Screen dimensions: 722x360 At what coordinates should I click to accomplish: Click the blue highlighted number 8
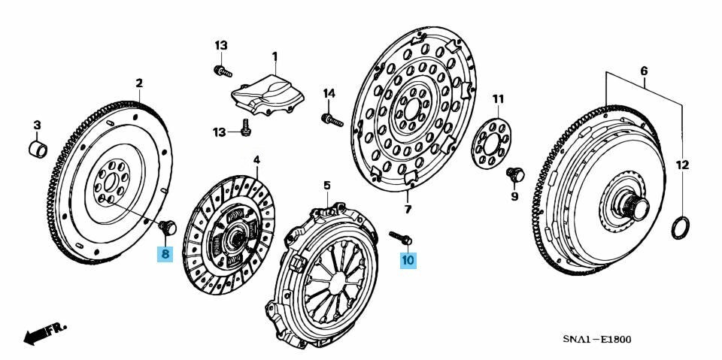coord(165,254)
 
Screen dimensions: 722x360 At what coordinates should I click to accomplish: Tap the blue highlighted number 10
coord(408,259)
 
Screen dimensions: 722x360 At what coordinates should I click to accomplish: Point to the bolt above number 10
coord(400,237)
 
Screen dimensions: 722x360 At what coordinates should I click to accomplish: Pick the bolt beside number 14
coord(332,120)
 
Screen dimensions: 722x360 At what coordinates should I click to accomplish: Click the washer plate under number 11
coord(491,144)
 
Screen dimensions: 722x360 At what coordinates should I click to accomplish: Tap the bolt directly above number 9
coord(515,175)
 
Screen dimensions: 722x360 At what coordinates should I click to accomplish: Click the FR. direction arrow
coord(44,333)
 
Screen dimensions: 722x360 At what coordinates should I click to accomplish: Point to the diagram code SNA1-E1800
coord(596,340)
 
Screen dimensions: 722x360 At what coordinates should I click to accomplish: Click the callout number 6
coord(644,71)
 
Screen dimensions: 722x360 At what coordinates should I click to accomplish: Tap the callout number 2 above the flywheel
coord(139,83)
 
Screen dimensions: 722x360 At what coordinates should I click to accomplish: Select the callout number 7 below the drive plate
coord(408,210)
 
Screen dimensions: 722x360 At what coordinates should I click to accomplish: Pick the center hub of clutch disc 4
coord(236,238)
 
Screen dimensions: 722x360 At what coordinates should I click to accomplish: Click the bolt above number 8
coord(168,228)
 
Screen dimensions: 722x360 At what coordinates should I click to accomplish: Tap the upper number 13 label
coord(220,46)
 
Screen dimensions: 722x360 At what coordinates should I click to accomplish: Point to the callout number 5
coord(326,186)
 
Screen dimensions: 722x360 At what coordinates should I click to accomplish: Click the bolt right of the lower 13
coord(246,128)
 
